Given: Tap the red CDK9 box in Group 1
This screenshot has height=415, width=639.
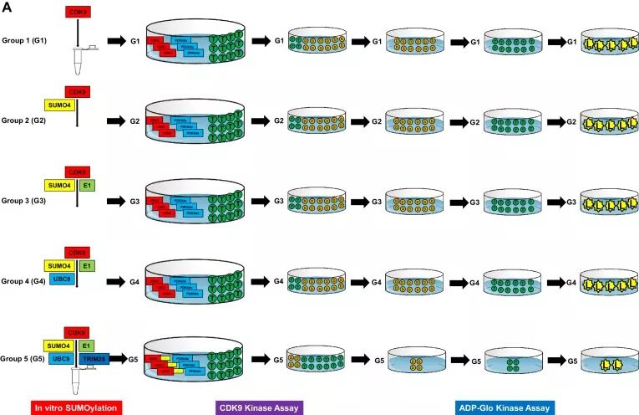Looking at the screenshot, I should point(76,14).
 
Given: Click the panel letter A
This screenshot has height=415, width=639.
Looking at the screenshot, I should point(8,8).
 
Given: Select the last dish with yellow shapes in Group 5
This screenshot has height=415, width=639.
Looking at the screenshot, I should point(607,364).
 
